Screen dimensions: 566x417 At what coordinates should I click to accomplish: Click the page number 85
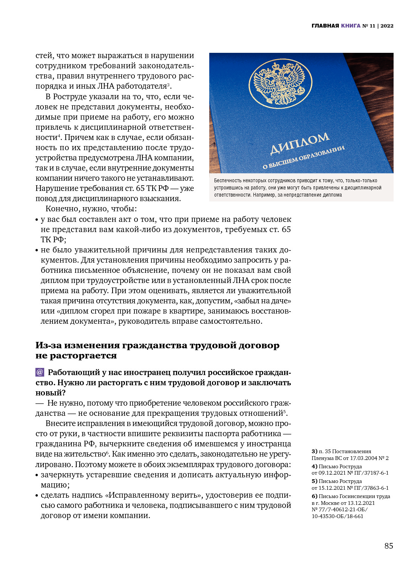point(389,546)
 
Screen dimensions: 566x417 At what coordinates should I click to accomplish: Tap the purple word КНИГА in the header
point(351,26)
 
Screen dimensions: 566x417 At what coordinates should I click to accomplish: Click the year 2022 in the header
point(387,26)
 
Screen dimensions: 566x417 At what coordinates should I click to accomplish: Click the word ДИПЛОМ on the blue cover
point(300,143)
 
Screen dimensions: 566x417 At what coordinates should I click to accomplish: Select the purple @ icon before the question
point(40,372)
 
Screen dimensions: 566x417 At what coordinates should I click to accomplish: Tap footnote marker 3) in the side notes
point(314,451)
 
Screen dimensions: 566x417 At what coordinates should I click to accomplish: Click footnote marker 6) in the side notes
point(314,496)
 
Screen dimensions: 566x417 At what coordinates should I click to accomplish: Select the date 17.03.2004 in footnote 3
point(358,458)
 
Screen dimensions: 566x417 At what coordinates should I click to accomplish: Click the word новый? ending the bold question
point(51,393)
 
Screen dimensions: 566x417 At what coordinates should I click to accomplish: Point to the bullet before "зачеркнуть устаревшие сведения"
point(37,475)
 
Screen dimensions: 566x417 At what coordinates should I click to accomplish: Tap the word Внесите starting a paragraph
point(59,423)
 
